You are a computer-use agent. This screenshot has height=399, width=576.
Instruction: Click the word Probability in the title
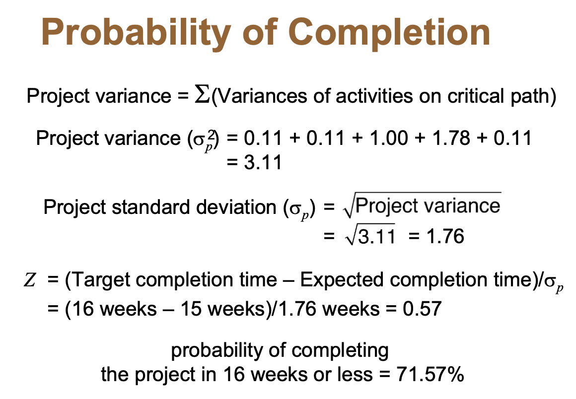136,33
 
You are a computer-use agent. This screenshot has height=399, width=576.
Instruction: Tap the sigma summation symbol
202,95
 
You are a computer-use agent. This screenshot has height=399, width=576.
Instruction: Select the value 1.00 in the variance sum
389,138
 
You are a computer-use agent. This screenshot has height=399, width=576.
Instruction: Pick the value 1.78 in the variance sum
451,138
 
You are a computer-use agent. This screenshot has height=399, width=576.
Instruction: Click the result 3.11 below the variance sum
263,162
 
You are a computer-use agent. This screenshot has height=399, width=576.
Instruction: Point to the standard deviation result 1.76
445,236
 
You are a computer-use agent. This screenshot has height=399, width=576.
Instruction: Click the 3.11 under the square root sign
376,236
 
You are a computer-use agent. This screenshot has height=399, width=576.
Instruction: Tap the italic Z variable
30,280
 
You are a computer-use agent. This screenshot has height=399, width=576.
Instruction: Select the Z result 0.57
422,309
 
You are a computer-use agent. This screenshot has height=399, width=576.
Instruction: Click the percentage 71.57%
430,374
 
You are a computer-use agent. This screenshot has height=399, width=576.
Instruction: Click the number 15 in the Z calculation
191,309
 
